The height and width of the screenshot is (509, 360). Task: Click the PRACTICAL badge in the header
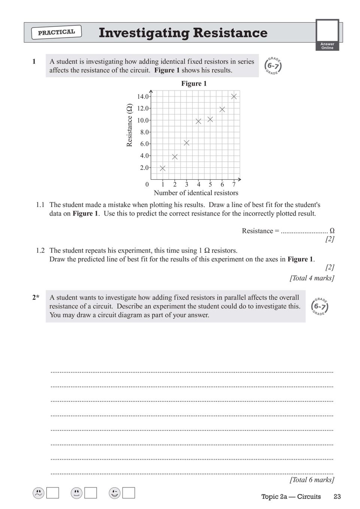pyautogui.click(x=57, y=32)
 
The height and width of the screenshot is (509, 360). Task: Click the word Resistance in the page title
pyautogui.click(x=230, y=33)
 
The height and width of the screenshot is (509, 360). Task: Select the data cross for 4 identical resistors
pyautogui.click(x=199, y=121)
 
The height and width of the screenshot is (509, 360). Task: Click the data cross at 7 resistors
pyautogui.click(x=234, y=97)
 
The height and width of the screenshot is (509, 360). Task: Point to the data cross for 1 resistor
pyautogui.click(x=163, y=168)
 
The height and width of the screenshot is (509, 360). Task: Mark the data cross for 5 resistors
pyautogui.click(x=210, y=119)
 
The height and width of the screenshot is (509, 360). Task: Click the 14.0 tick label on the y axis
pyautogui.click(x=143, y=97)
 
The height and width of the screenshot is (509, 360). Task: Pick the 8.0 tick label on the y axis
pyautogui.click(x=145, y=132)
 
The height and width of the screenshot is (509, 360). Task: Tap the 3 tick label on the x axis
pyautogui.click(x=187, y=184)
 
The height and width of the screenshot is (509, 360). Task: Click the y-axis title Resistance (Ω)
pyautogui.click(x=130, y=125)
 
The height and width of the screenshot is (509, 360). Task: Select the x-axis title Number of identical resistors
pyautogui.click(x=196, y=193)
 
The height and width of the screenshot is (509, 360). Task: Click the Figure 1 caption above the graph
pyautogui.click(x=194, y=83)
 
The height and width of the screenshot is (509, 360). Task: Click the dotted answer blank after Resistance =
pyautogui.click(x=304, y=231)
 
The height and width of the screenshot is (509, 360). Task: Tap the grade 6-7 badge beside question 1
pyautogui.click(x=273, y=66)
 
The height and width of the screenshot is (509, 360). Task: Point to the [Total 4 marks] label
pyautogui.click(x=312, y=278)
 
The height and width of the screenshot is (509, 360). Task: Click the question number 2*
pyautogui.click(x=36, y=298)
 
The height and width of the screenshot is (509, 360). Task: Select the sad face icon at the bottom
pyautogui.click(x=38, y=493)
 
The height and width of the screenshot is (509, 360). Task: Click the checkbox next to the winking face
pyautogui.click(x=128, y=493)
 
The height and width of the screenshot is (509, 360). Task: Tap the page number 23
pyautogui.click(x=337, y=497)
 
